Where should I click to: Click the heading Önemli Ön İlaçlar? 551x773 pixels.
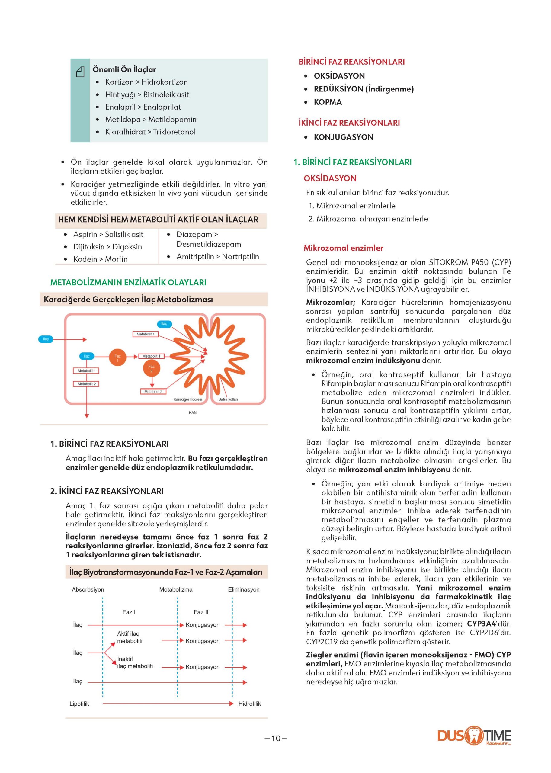pos(124,69)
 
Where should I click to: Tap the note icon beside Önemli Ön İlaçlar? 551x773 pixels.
pos(80,72)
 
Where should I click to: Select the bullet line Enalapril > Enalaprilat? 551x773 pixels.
pos(143,107)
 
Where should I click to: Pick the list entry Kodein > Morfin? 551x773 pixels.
pos(100,259)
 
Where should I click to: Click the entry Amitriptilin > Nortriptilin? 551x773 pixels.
pos(217,257)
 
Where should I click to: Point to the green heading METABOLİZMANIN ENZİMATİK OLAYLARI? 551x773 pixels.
pos(128,282)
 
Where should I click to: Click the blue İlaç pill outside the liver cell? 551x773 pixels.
pos(46,339)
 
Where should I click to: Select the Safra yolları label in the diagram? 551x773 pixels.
pos(228,399)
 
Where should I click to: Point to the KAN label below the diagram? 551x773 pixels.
pos(193,413)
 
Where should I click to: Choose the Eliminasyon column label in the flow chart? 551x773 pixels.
pos(244,590)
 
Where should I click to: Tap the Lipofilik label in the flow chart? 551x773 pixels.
pos(79,704)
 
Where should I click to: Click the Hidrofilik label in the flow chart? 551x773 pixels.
pos(249,704)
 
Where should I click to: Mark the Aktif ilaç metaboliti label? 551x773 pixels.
pos(130,637)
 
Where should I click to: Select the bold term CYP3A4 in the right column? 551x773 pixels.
pos(481,624)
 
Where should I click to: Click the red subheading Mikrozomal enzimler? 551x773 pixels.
pos(343,248)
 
